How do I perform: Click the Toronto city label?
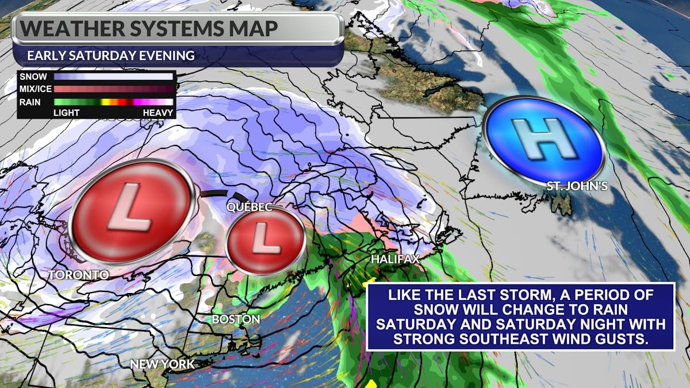pos(78,275)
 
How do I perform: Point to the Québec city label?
pos(250,207)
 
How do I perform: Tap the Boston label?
pos(236,318)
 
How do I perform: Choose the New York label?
pos(162,364)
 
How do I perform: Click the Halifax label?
pos(394,260)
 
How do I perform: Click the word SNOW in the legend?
pos(32,76)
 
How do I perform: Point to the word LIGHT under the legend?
pos(67,113)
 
